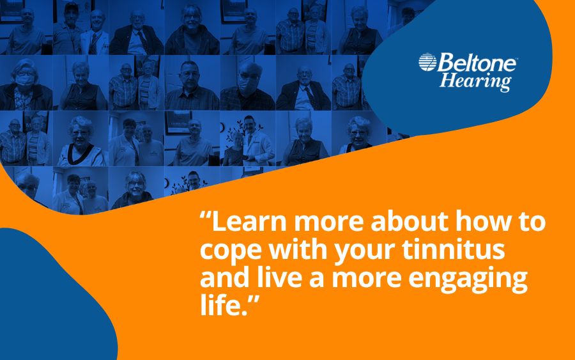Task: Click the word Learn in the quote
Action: (x=249, y=222)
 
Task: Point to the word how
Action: (x=480, y=222)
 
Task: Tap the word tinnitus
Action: (x=454, y=249)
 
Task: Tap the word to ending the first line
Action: (x=529, y=223)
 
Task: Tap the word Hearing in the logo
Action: (x=475, y=81)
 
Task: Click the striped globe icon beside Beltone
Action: (x=427, y=62)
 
